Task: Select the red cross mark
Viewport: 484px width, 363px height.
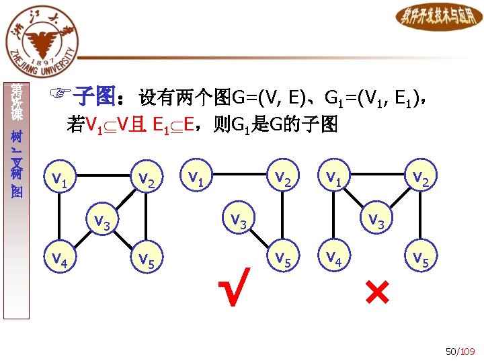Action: click(377, 291)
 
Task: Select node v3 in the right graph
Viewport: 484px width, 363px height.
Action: click(375, 220)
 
